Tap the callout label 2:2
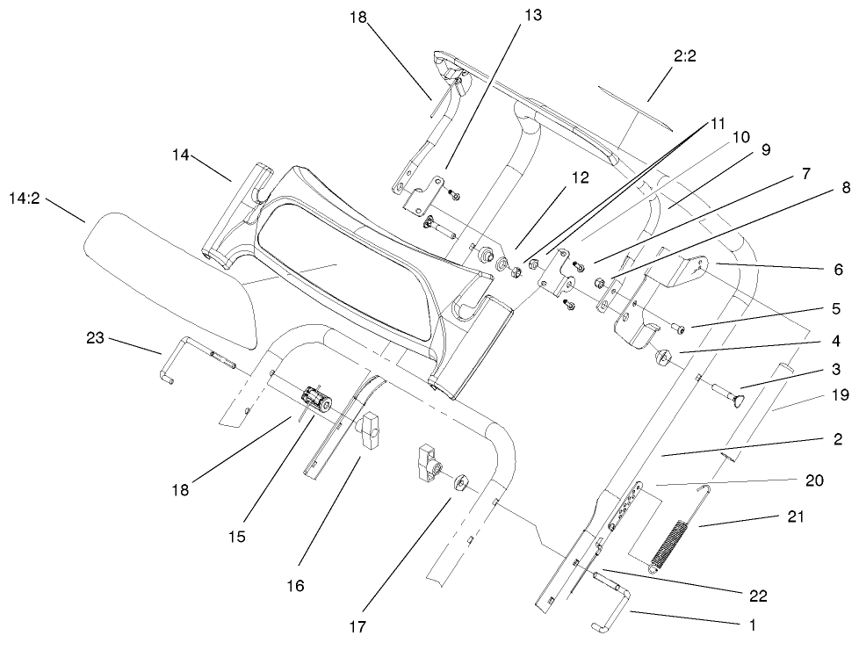point(686,57)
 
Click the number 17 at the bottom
point(357,627)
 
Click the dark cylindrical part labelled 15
point(314,399)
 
